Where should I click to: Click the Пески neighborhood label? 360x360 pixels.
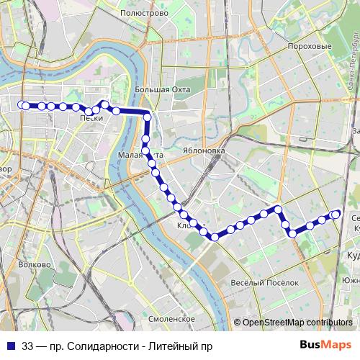[x=91, y=118]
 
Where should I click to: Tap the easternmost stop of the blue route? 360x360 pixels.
[x=336, y=213]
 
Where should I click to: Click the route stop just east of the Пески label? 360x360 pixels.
[x=105, y=105]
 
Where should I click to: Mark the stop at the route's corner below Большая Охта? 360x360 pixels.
[x=147, y=117]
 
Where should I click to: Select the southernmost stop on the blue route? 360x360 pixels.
[x=215, y=237]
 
